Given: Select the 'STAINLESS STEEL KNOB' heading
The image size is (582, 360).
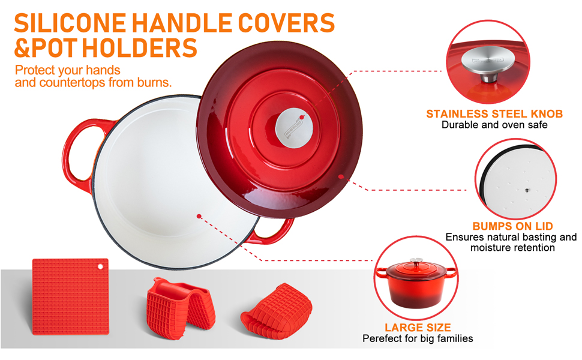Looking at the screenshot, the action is click(494, 113).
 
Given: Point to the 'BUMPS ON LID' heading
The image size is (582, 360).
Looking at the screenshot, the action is click(512, 226).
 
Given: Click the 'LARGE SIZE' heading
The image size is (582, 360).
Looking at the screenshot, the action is click(418, 328).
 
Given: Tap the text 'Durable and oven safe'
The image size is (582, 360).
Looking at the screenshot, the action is click(494, 125).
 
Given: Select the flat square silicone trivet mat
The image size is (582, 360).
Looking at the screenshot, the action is click(71, 297).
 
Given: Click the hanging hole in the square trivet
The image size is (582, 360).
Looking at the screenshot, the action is click(100, 266).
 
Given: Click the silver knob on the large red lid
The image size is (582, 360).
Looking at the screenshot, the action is click(294, 128).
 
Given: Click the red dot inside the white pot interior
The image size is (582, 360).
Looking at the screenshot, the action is click(199, 216).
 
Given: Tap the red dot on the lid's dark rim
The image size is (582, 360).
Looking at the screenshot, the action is click(341, 176).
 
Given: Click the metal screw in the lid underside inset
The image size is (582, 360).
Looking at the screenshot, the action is click(527, 190).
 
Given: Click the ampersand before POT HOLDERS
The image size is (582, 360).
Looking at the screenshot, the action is click(23, 48).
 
